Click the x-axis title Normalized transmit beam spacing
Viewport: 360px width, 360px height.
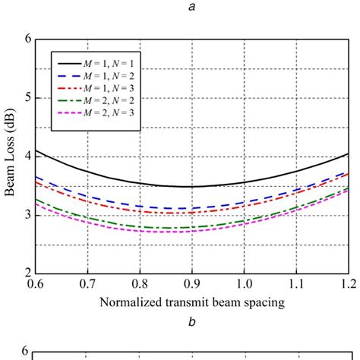coord(191,302)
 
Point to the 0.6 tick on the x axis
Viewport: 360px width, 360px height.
coord(35,285)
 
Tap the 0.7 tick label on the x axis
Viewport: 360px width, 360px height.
coord(87,285)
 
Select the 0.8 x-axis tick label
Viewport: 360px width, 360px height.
coord(139,285)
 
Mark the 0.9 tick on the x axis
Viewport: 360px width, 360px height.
coord(191,285)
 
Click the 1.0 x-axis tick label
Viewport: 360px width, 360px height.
coord(243,285)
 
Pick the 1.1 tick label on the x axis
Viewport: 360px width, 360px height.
coord(295,285)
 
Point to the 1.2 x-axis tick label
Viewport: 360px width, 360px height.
coord(346,285)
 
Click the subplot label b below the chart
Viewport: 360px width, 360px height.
coord(192,322)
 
